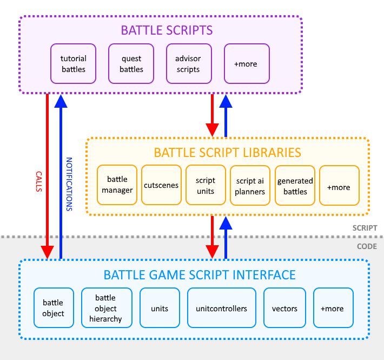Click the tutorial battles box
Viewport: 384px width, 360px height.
[73, 64]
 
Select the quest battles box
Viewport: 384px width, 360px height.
[131, 64]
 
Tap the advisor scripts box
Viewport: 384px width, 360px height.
[188, 64]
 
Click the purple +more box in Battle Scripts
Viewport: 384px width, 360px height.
[246, 64]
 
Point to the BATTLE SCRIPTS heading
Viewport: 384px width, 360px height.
[159, 30]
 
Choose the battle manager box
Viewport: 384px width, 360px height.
[116, 186]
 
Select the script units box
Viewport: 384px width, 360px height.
[206, 186]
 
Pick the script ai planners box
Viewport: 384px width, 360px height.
[250, 186]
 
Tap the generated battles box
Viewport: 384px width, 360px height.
[295, 186]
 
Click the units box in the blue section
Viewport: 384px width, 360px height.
[160, 309]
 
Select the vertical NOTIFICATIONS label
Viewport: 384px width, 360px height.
[69, 184]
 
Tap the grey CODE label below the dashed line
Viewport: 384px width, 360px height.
[367, 247]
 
